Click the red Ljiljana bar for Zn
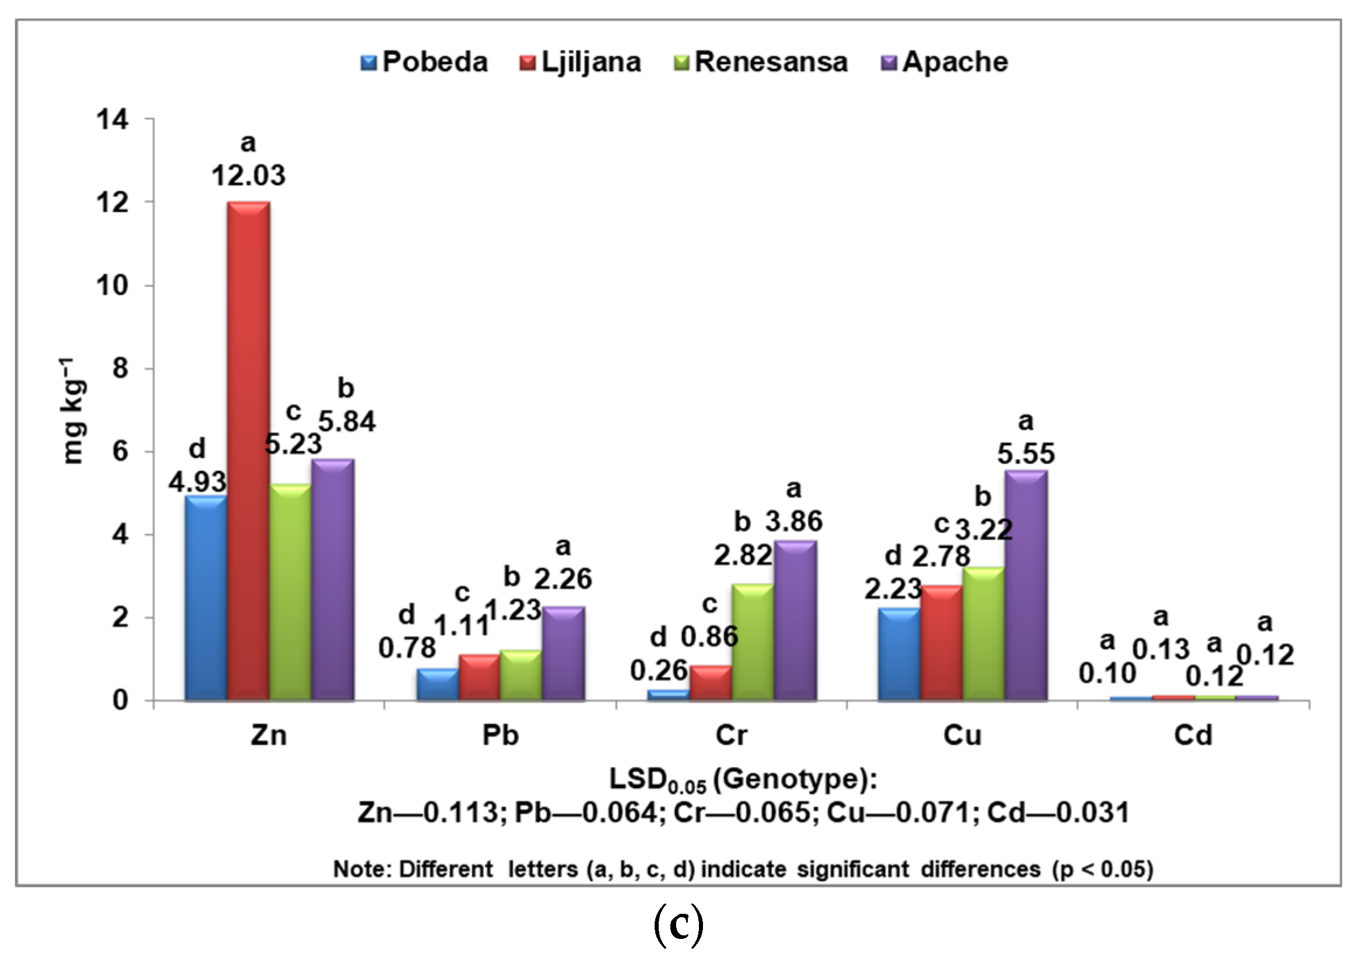pos(249,452)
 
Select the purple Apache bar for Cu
pos(1026,585)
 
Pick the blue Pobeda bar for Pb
pos(437,685)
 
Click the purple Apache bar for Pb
pos(563,654)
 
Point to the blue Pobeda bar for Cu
pos(899,654)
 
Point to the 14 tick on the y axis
pos(113,120)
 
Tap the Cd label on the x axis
pos(1193,735)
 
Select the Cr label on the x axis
pos(731,735)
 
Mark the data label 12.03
pos(248,175)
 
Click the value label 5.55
pos(1026,454)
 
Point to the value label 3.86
pos(794,522)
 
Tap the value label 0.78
pos(407,649)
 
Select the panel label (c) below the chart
pos(678,926)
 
